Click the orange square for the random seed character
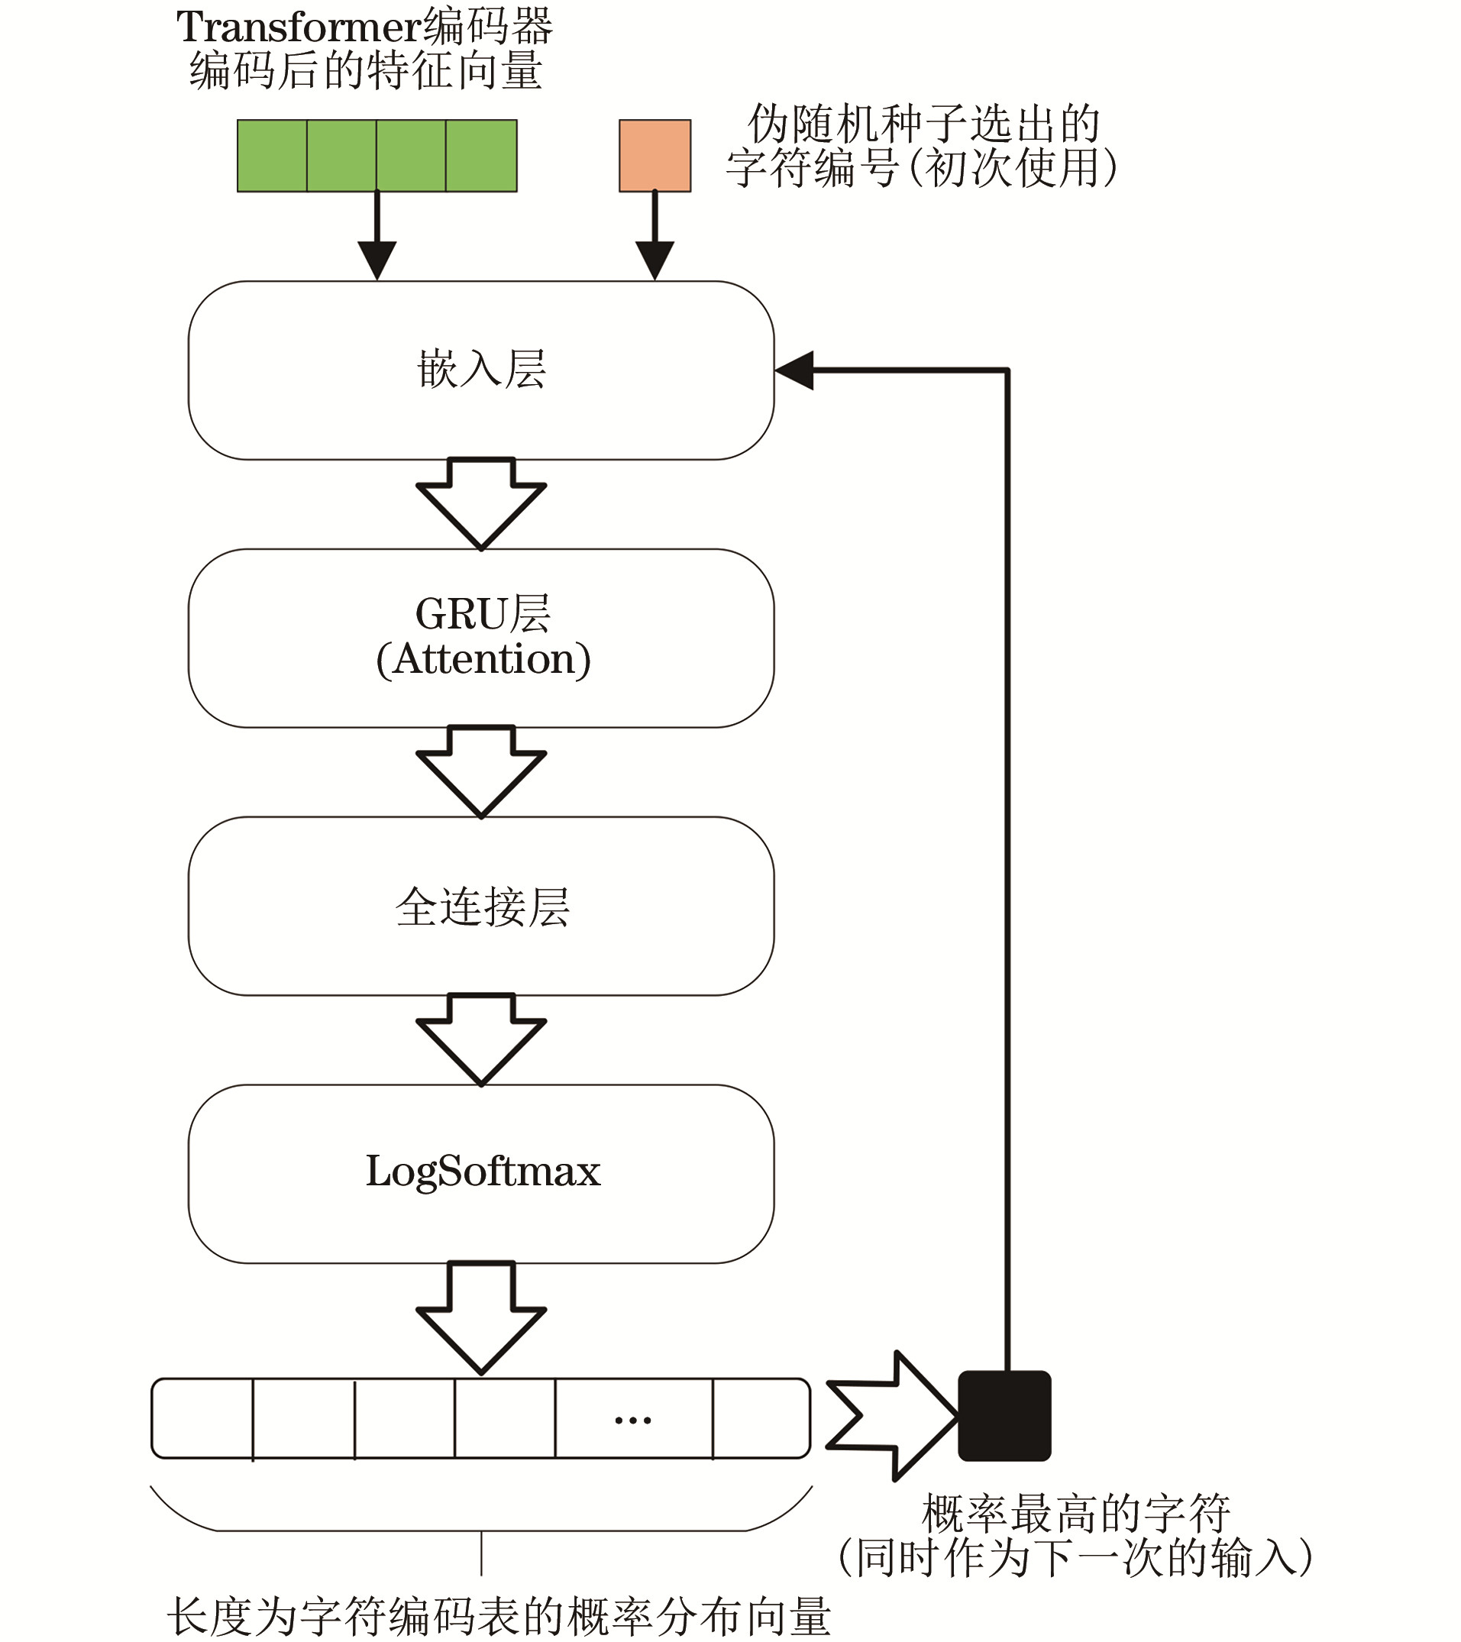pyautogui.click(x=655, y=156)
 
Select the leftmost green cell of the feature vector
pyautogui.click(x=273, y=156)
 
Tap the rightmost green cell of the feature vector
pyautogui.click(x=481, y=156)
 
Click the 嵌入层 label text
pyautogui.click(x=482, y=370)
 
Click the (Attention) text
pyautogui.click(x=483, y=660)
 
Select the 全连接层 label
pyautogui.click(x=483, y=907)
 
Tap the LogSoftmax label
pyautogui.click(x=483, y=1172)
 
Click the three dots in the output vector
pyautogui.click(x=633, y=1421)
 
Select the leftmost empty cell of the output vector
pyautogui.click(x=202, y=1418)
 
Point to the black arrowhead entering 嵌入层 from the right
pyautogui.click(x=796, y=370)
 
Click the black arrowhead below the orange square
pyautogui.click(x=655, y=259)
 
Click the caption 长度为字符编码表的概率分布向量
pyautogui.click(x=498, y=1615)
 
